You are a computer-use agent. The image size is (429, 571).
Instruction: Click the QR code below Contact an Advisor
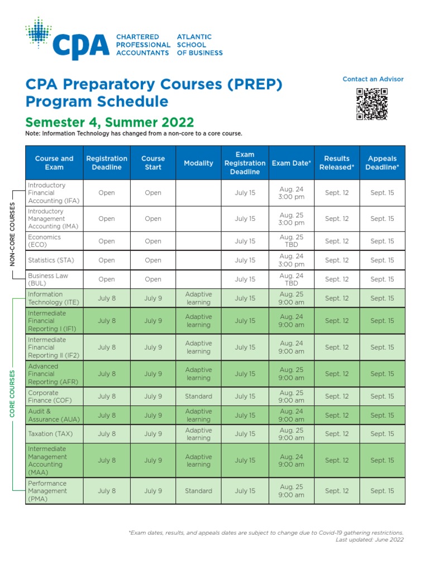372,104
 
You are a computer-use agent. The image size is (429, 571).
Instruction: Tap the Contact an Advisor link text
373,79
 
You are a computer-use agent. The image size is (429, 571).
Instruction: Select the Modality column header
198,163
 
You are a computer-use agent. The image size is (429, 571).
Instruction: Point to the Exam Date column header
291,163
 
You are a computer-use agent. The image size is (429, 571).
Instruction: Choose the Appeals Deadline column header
382,163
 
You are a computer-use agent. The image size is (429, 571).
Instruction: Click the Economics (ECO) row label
45,241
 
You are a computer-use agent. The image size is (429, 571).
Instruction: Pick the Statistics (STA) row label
51,260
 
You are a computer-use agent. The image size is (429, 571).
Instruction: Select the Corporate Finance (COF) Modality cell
198,396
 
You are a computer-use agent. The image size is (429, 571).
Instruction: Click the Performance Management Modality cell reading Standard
198,491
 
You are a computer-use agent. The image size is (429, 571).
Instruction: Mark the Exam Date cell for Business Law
292,279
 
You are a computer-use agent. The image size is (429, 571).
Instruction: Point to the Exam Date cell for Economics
292,241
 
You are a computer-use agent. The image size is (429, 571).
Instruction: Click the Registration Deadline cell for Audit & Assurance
107,415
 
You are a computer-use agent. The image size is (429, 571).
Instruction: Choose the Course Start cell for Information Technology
153,298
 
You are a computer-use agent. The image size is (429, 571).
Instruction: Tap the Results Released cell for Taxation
337,434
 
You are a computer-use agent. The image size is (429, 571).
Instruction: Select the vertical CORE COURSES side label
13,394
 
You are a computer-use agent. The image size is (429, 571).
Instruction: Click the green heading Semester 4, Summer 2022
110,122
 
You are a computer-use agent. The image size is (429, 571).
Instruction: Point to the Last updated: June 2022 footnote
369,540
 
